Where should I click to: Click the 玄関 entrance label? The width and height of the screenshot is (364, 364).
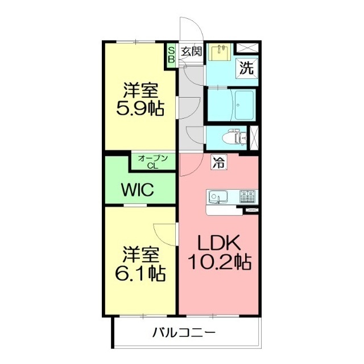click(192, 51)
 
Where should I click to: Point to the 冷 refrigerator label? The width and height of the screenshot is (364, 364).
click(218, 162)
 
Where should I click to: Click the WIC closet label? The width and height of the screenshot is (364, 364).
click(136, 190)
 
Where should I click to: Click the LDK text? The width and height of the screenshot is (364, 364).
click(219, 243)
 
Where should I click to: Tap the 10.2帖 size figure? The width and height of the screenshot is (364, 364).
click(220, 263)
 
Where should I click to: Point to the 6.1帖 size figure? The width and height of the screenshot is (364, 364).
click(140, 274)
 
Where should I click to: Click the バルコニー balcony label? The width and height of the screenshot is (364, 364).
click(183, 333)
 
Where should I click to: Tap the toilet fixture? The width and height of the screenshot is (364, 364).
click(233, 137)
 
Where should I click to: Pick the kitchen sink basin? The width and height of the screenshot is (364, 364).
click(217, 197)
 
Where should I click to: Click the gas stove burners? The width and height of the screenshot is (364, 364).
click(248, 197)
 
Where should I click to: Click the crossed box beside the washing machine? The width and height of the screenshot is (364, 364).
click(246, 49)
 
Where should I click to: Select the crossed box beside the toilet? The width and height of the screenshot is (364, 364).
click(254, 137)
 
